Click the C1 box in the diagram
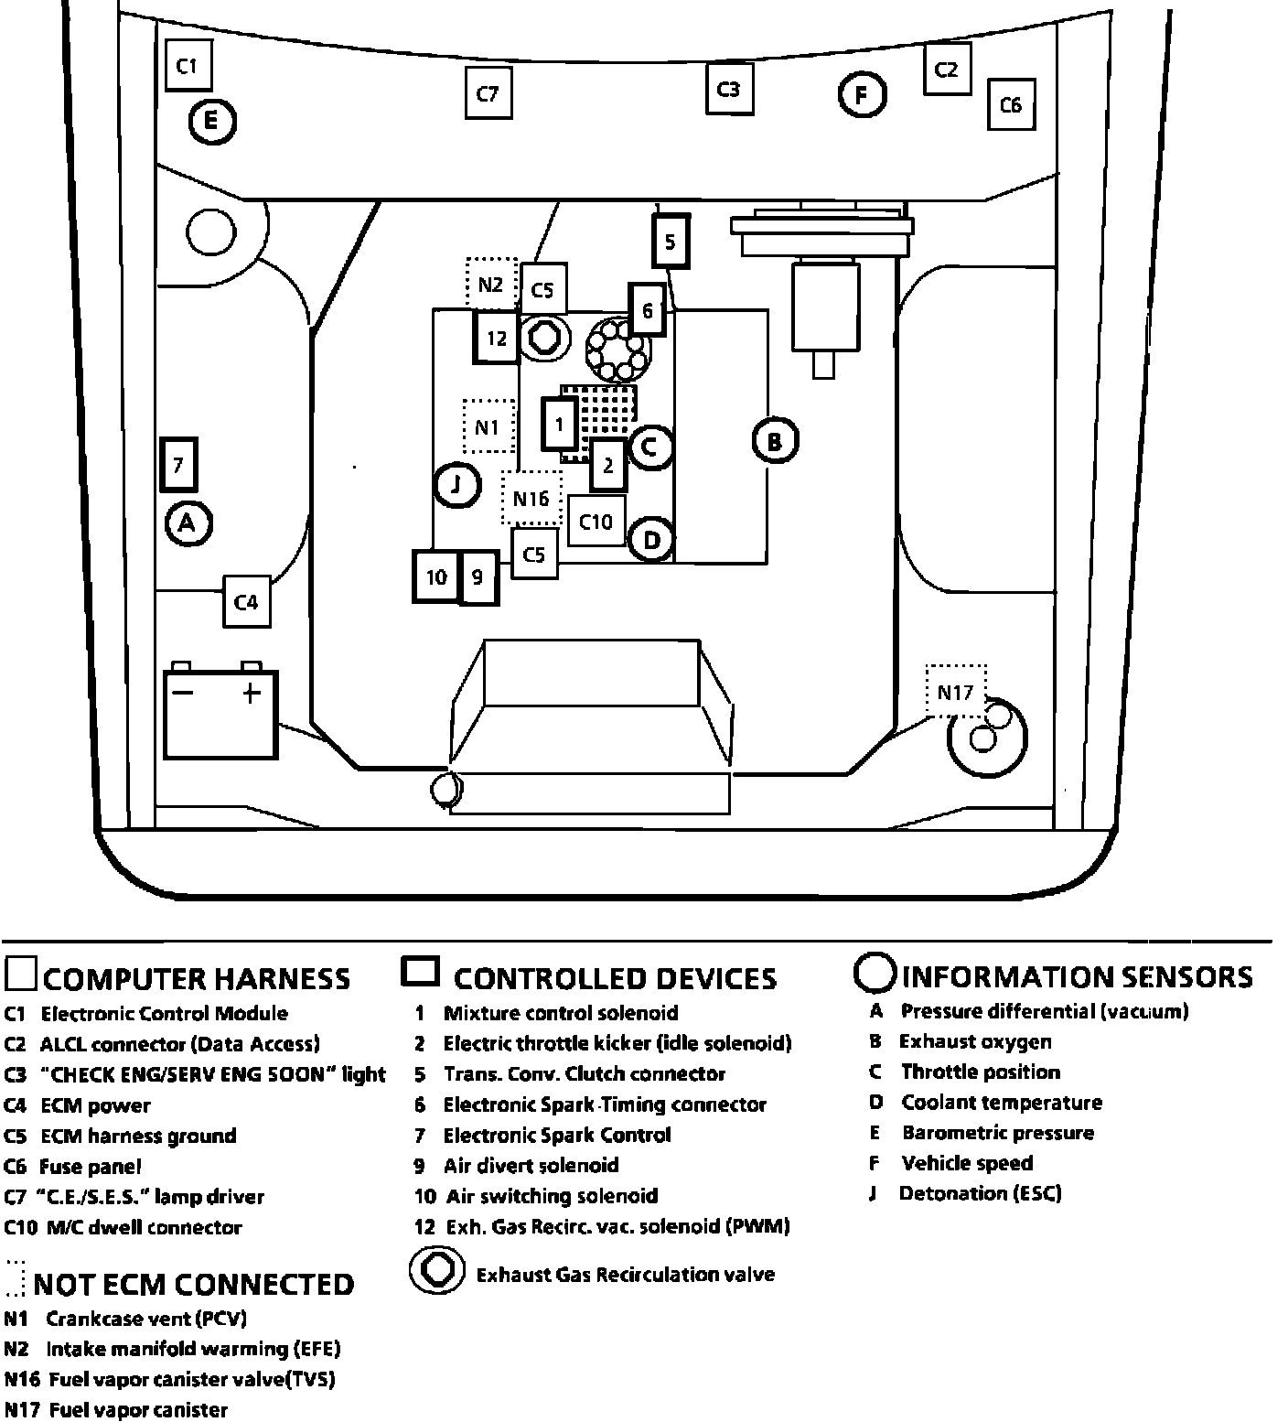coord(188,65)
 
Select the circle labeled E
coord(211,120)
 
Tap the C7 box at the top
coord(488,93)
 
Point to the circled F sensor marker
coord(862,94)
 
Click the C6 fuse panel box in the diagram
coord(1010,104)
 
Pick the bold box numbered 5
coord(671,242)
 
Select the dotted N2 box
coord(491,284)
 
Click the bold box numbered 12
coord(497,339)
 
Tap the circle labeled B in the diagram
coord(775,442)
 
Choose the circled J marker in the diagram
coord(456,485)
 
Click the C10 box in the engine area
coord(596,522)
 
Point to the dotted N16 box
coord(531,498)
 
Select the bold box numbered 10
coord(436,576)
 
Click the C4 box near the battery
coord(247,601)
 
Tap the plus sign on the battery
coord(252,692)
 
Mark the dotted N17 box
coord(956,692)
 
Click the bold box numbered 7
coord(179,466)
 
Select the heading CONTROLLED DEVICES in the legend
coord(615,978)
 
